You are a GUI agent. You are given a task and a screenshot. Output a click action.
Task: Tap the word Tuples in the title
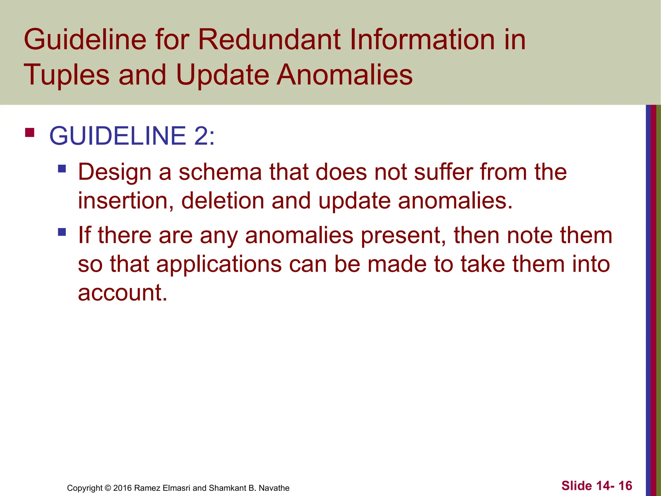pos(66,75)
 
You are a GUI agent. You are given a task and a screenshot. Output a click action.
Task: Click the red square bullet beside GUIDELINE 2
pos(30,133)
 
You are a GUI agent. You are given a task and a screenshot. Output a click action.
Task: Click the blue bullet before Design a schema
pos(62,169)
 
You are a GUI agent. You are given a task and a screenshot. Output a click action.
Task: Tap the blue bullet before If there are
pos(62,232)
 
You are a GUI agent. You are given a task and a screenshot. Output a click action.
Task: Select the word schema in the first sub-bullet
pos(220,172)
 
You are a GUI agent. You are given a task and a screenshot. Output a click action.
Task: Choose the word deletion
pos(223,201)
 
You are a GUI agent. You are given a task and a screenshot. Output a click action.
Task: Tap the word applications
pos(219,264)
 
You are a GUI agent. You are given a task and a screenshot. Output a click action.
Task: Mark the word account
pos(123,293)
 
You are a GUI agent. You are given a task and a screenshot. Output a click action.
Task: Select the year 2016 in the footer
pos(122,488)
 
